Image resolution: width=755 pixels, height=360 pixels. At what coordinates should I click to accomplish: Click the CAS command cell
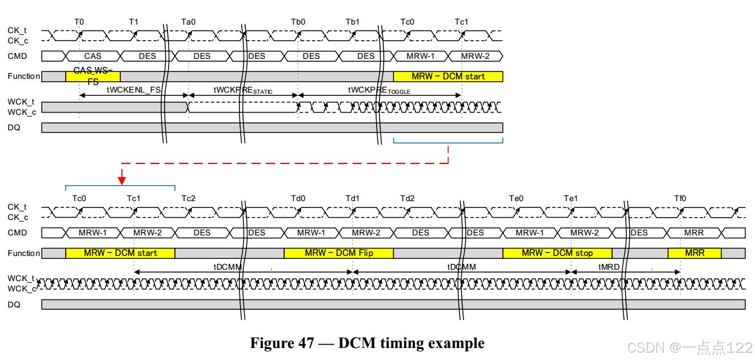(93, 56)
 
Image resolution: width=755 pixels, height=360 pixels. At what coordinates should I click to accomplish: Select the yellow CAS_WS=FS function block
(93, 76)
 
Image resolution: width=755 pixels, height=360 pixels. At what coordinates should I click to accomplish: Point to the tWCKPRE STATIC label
(243, 90)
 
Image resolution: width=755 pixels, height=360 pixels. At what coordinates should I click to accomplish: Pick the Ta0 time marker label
(189, 22)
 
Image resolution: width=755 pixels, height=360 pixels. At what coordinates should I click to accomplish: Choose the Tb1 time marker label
(353, 22)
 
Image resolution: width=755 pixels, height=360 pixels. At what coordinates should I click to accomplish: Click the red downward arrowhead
(122, 181)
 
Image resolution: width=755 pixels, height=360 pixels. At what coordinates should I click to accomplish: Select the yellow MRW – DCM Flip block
(338, 253)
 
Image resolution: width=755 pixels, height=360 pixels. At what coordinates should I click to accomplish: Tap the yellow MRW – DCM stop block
(557, 253)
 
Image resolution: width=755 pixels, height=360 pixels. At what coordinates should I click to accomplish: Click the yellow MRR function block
(694, 253)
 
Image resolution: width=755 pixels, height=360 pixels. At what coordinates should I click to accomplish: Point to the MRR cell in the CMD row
(694, 233)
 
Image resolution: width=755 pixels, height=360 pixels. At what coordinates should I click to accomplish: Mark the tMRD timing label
(608, 267)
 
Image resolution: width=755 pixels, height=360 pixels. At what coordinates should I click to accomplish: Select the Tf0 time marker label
(680, 198)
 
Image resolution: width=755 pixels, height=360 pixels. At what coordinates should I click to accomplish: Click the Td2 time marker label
(408, 198)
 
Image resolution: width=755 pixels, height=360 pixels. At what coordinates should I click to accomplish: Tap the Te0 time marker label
(517, 198)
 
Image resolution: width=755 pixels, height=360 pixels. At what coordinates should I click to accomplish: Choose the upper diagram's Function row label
(23, 76)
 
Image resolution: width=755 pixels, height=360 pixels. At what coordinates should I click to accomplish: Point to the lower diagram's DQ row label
(14, 305)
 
